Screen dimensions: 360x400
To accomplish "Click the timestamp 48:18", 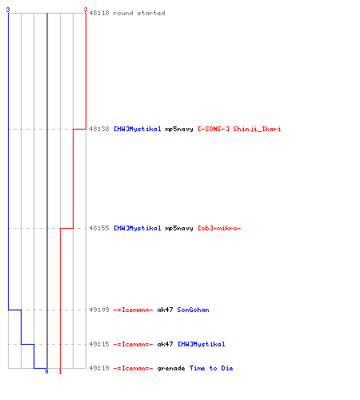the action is [99, 13].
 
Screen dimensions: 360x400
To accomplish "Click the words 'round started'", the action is [139, 13].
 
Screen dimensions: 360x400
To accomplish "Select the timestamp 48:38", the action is [99, 129].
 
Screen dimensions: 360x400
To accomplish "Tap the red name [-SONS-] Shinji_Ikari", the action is [239, 129].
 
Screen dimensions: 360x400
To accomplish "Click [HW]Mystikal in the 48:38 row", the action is [138, 129].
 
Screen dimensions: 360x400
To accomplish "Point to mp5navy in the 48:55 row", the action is [179, 229].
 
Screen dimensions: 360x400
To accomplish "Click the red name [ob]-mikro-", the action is [219, 228].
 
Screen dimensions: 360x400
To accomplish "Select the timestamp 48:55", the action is [99, 228].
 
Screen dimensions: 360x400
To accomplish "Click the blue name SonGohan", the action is [193, 310].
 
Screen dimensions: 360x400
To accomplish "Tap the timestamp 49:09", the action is [99, 310].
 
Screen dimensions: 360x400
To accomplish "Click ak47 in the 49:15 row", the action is [165, 344].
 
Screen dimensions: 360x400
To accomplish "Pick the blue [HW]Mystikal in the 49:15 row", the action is [202, 344].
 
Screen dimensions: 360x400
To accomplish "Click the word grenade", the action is [171, 369].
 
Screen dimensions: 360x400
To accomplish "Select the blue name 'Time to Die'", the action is [211, 368].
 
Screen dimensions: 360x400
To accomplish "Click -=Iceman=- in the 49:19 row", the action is [133, 368].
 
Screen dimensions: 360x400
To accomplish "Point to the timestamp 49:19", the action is [99, 368].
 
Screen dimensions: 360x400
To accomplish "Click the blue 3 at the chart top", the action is [8, 10].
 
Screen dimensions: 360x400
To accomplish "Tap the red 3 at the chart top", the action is [86, 10].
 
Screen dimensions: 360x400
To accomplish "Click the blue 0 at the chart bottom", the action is [46, 371].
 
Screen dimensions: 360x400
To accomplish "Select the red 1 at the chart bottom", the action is [60, 371].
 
